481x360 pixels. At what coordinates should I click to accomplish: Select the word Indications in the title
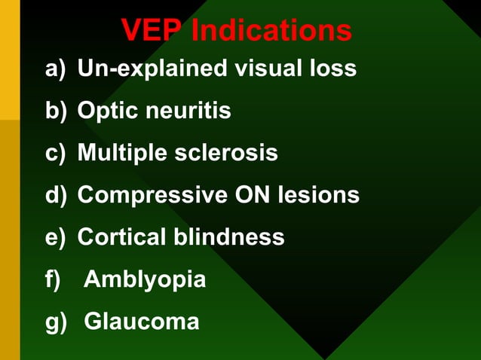click(x=271, y=31)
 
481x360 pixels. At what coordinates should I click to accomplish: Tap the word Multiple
click(x=122, y=154)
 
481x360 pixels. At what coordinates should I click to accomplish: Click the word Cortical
click(x=122, y=238)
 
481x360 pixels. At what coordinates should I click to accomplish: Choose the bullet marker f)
click(x=53, y=280)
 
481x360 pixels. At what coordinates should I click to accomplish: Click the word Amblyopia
click(x=145, y=280)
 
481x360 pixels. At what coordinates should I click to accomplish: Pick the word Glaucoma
click(x=142, y=322)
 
